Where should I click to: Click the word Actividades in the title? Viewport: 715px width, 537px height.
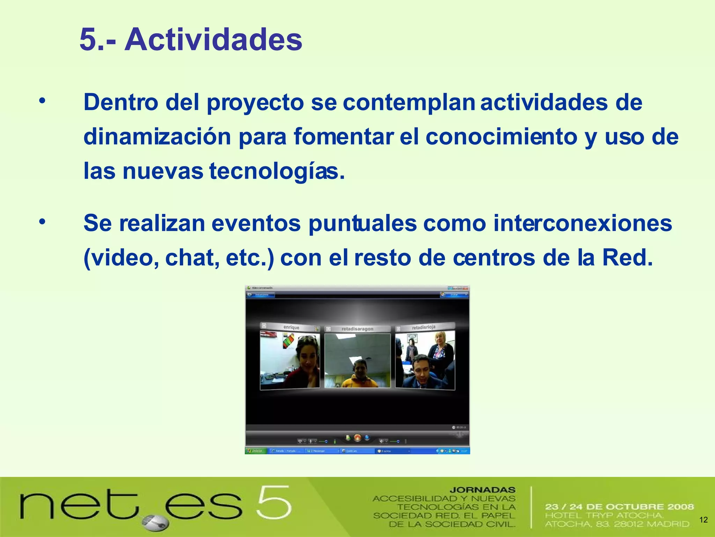[x=213, y=40]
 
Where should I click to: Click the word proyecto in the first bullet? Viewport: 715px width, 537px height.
[x=255, y=102]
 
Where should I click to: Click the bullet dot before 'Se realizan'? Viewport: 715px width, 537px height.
[x=42, y=221]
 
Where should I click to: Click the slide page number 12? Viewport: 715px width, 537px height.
[x=703, y=520]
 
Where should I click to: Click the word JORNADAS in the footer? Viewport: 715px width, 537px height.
[x=482, y=490]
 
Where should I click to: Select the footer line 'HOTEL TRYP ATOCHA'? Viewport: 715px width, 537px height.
[x=604, y=515]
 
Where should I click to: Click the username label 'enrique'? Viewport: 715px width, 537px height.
[x=291, y=328]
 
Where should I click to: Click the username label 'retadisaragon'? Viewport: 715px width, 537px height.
[x=357, y=329]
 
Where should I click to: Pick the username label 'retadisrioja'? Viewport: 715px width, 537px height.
[x=423, y=328]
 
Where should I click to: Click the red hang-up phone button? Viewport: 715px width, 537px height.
[x=357, y=437]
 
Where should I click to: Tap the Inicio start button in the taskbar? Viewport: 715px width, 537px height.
[x=256, y=451]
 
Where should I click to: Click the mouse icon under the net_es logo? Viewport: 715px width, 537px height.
[x=156, y=523]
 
